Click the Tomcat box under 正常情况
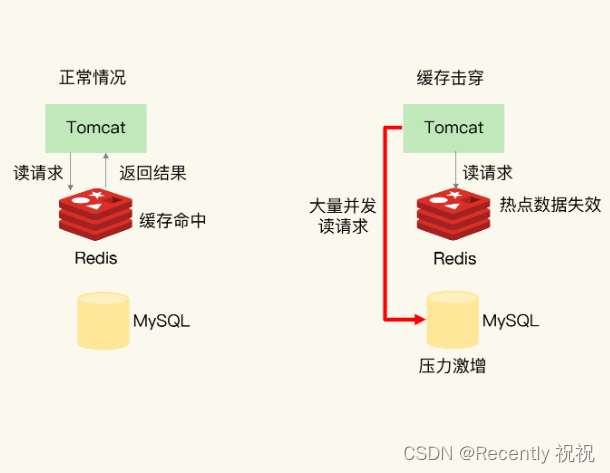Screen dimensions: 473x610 click(96, 128)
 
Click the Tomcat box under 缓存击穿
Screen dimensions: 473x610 click(453, 128)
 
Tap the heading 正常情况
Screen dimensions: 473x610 click(93, 77)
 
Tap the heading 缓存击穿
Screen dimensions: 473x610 click(450, 77)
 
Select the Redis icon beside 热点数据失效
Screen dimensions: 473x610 click(453, 211)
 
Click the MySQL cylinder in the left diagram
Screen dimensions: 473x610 click(103, 320)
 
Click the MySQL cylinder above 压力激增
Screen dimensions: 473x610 click(453, 320)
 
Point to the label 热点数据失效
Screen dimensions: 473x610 click(550, 205)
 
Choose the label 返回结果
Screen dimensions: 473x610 click(152, 172)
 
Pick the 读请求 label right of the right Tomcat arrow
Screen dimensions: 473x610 click(488, 172)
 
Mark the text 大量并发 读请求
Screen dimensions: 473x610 click(342, 216)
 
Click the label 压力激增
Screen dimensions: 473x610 click(452, 367)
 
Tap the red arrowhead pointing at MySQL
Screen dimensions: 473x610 click(419, 319)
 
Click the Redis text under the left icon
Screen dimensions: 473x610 click(95, 258)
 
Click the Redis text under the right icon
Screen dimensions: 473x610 click(454, 258)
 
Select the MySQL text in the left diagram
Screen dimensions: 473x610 click(161, 321)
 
